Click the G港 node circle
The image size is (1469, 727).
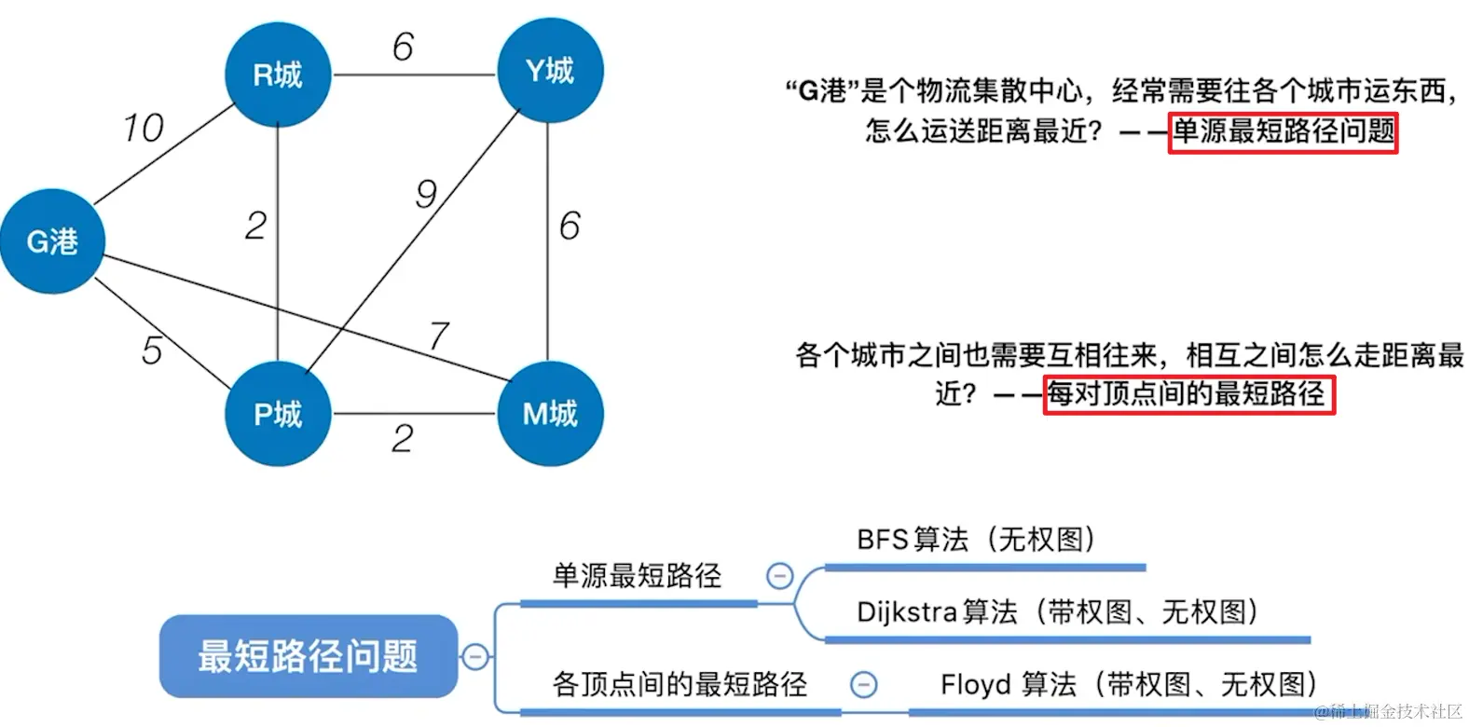pyautogui.click(x=52, y=241)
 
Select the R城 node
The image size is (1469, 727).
pyautogui.click(x=278, y=75)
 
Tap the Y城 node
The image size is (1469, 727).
pyautogui.click(x=550, y=71)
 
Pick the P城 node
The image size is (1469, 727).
pyautogui.click(x=278, y=414)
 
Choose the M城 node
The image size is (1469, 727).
pyautogui.click(x=550, y=414)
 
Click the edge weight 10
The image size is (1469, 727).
pyautogui.click(x=143, y=129)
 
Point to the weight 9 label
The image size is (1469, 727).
pyautogui.click(x=426, y=194)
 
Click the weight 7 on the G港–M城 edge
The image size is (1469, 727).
pyautogui.click(x=439, y=336)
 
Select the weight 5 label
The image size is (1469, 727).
pyautogui.click(x=152, y=350)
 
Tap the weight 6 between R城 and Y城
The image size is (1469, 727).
pyautogui.click(x=403, y=47)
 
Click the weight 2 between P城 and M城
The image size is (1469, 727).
pyautogui.click(x=403, y=438)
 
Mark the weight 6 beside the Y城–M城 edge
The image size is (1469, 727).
pyautogui.click(x=570, y=226)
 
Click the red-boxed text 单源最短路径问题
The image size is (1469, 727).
pyautogui.click(x=1283, y=131)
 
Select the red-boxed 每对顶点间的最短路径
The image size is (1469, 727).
pyautogui.click(x=1188, y=394)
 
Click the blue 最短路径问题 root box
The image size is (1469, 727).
pyautogui.click(x=308, y=656)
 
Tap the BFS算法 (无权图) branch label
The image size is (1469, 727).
pyautogui.click(x=976, y=540)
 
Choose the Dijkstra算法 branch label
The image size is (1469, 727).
pyautogui.click(x=1058, y=612)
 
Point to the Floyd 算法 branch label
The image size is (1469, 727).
pyautogui.click(x=1128, y=685)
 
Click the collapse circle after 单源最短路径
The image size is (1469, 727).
pyautogui.click(x=779, y=576)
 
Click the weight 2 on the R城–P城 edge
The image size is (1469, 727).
pyautogui.click(x=255, y=226)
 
